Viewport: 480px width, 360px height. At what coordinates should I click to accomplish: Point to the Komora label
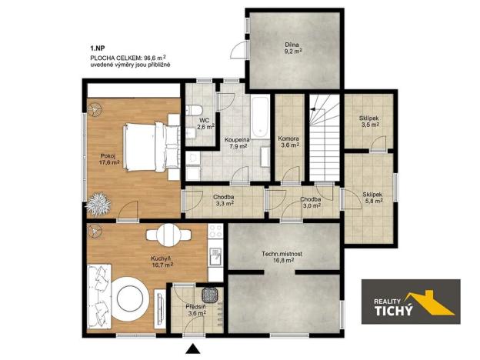coord(288,139)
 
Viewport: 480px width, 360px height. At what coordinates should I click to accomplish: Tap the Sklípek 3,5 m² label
coord(369,121)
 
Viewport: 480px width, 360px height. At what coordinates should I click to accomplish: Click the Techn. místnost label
coord(284,256)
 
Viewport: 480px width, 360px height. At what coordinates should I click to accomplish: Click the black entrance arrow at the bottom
coord(195,350)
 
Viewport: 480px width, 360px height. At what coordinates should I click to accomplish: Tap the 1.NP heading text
coord(98,48)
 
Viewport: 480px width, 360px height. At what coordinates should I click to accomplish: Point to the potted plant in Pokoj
coord(98,204)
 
